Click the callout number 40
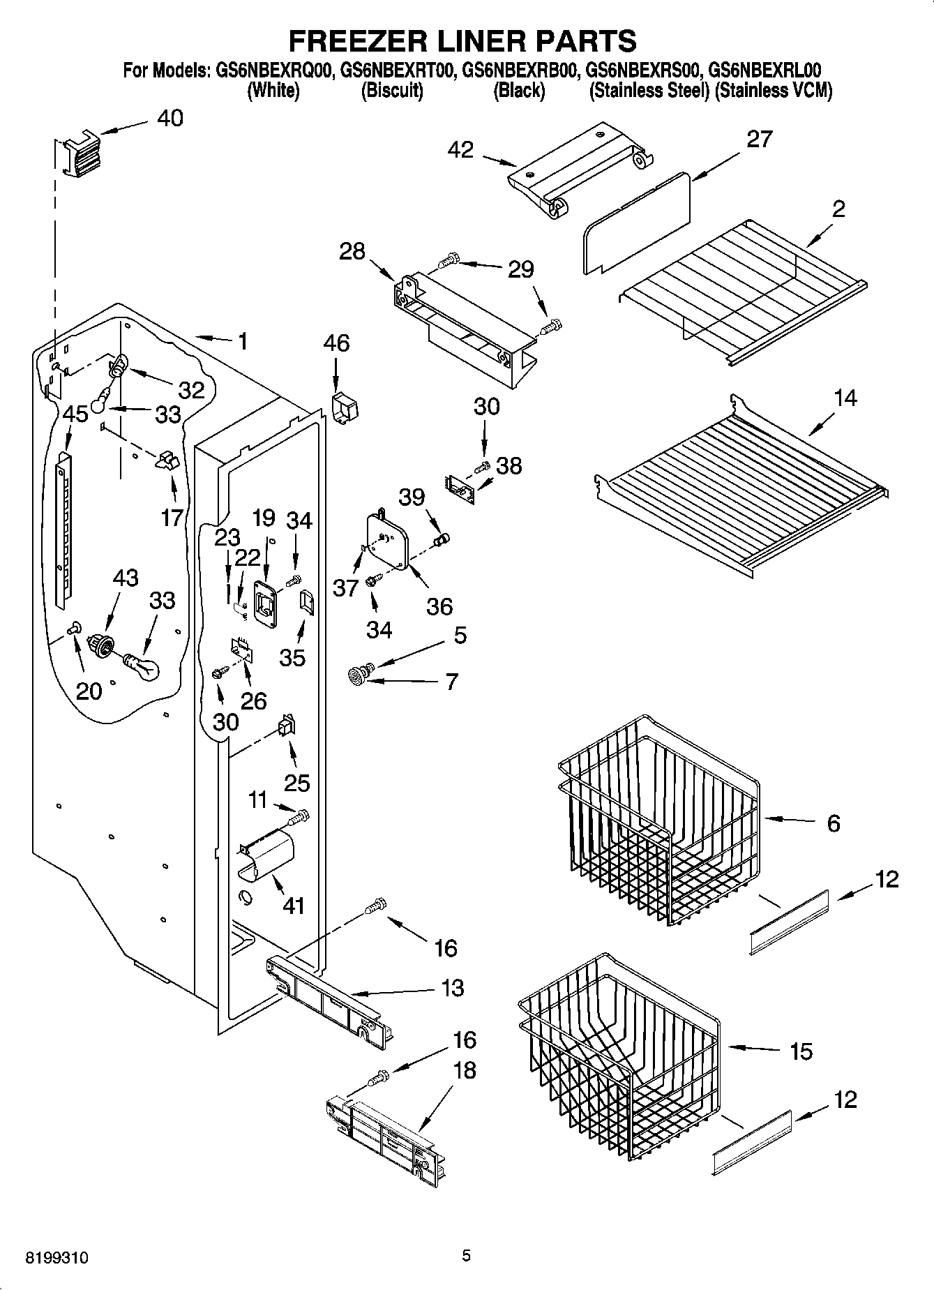click(170, 118)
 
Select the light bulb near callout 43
click(143, 666)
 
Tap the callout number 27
click(759, 140)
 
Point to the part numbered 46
click(343, 408)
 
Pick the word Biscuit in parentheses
click(392, 91)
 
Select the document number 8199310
click(57, 1257)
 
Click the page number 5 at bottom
click(466, 1256)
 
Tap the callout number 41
click(294, 906)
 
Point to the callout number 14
click(845, 399)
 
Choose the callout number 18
click(465, 1070)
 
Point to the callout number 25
click(296, 782)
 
